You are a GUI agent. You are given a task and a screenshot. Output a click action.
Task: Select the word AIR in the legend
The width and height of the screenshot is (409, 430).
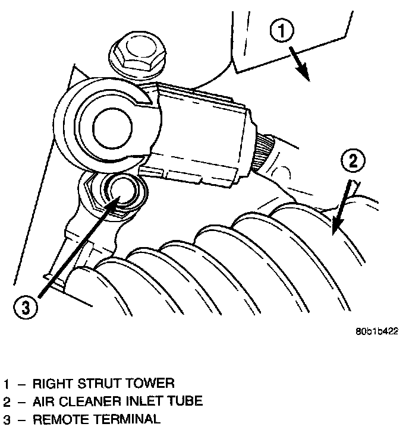42,401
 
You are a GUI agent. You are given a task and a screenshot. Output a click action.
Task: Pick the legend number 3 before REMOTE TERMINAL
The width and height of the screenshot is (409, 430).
6,419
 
